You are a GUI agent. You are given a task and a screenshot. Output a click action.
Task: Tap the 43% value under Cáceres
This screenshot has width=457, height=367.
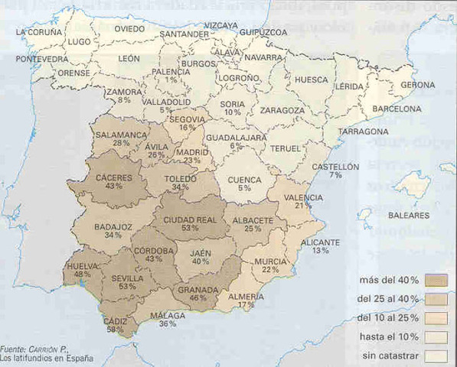coord(113,187)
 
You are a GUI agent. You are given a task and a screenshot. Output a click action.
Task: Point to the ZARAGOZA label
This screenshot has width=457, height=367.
coord(283,110)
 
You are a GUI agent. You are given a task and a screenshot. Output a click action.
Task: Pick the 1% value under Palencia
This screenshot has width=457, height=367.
coord(170,80)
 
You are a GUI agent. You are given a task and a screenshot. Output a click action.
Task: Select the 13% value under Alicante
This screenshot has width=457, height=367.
coord(320,250)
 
